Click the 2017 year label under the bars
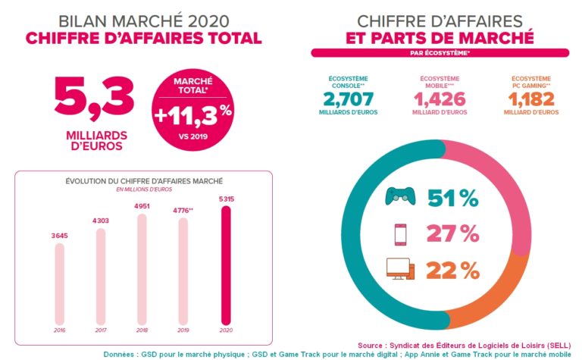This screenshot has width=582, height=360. click(101, 330)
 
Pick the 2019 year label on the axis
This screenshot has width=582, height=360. click(183, 330)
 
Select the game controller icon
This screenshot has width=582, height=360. click(400, 196)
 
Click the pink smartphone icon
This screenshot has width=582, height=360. click(399, 233)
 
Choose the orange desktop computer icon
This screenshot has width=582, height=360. click(400, 269)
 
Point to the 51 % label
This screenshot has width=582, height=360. click(452, 198)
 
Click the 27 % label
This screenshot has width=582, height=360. click(452, 233)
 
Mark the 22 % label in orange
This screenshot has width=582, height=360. click(452, 270)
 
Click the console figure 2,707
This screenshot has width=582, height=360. click(349, 99)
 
